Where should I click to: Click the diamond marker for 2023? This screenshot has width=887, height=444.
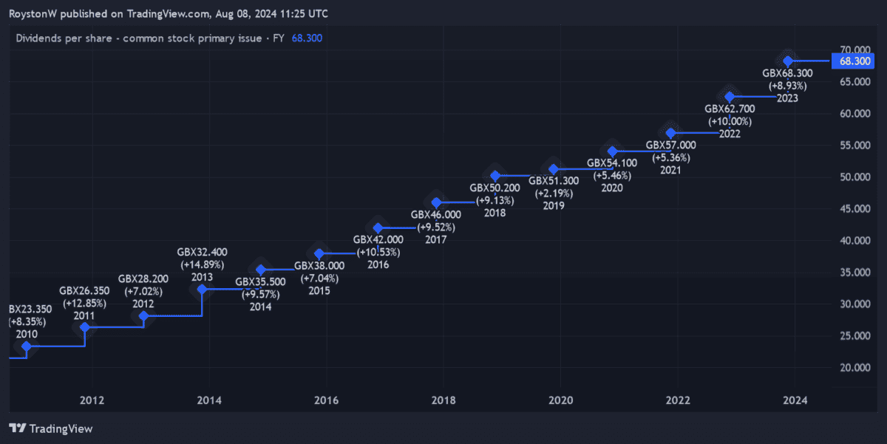click(x=789, y=61)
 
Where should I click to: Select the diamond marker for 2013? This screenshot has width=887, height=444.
click(x=202, y=290)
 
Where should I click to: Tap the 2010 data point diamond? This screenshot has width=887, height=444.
click(x=27, y=346)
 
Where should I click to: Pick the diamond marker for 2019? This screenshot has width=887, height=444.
click(x=554, y=170)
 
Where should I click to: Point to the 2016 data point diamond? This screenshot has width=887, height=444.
click(x=378, y=228)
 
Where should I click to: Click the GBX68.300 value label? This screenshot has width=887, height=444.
click(x=787, y=73)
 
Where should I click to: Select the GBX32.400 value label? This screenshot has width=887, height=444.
click(x=202, y=252)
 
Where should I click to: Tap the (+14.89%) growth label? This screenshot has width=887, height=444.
click(x=202, y=264)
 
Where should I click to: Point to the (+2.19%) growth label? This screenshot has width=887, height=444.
click(x=553, y=194)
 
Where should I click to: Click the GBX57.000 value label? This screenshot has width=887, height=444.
click(x=670, y=145)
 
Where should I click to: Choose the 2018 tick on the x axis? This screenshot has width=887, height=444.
click(x=443, y=400)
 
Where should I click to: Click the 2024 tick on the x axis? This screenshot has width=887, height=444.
click(x=795, y=400)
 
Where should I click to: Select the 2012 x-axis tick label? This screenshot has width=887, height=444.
click(x=92, y=400)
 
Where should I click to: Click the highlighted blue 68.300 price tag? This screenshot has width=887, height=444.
click(x=855, y=61)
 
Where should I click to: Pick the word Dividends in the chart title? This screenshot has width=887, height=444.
click(x=39, y=38)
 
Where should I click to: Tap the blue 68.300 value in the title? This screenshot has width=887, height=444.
click(x=307, y=38)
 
